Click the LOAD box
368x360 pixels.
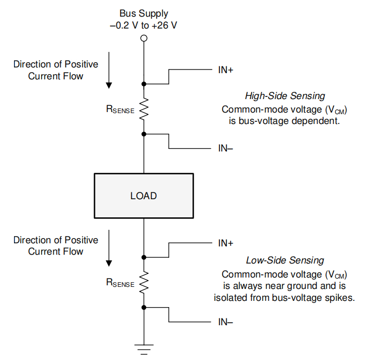click(x=144, y=196)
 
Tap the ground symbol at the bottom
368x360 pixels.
click(x=144, y=348)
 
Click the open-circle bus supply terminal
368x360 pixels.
click(x=144, y=38)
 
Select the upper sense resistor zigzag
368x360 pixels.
click(x=144, y=108)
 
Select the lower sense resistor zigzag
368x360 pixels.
click(x=144, y=282)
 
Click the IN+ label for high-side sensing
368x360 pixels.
click(x=225, y=68)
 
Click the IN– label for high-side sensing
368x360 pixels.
click(x=225, y=148)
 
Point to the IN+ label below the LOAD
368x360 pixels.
click(x=225, y=242)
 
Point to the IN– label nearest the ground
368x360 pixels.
click(x=225, y=322)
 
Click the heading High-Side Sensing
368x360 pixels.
click(x=285, y=96)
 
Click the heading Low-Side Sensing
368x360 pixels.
click(x=285, y=260)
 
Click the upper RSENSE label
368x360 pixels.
click(x=120, y=109)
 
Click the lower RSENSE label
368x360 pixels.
click(x=120, y=283)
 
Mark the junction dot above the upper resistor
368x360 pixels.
click(x=144, y=83)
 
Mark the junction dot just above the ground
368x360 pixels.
click(x=144, y=308)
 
